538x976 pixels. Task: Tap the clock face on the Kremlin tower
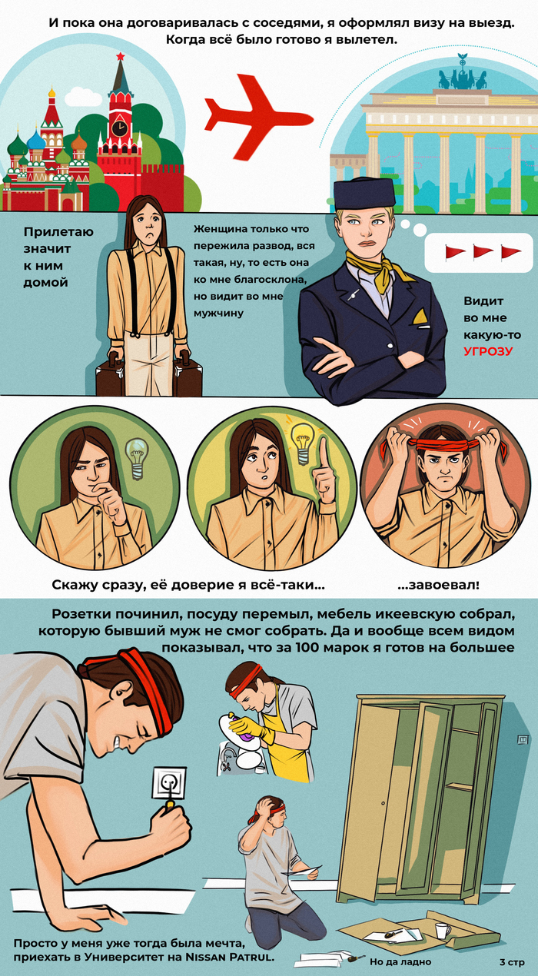[118, 128]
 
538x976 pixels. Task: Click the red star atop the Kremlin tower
[120, 56]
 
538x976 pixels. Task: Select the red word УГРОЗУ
[488, 352]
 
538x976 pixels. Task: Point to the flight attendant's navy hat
[364, 193]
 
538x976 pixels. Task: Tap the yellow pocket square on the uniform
[420, 317]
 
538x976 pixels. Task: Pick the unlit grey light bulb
[137, 458]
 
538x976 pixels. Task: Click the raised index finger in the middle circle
[324, 453]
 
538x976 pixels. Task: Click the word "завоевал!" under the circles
[438, 585]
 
